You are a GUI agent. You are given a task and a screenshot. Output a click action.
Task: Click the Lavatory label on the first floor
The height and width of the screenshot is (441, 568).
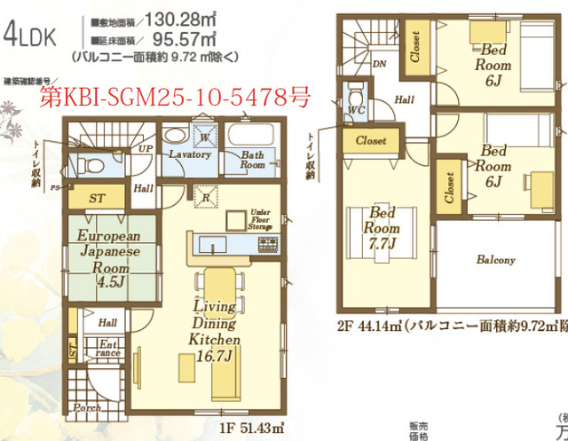tap(189, 154)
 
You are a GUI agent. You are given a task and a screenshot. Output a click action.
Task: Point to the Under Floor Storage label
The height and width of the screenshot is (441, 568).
tap(260, 218)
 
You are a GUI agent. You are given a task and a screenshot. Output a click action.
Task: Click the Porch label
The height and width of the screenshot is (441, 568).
tap(87, 408)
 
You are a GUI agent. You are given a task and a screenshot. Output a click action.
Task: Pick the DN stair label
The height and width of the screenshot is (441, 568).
tap(379, 65)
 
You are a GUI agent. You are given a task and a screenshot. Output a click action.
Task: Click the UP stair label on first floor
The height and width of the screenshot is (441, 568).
tap(146, 148)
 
